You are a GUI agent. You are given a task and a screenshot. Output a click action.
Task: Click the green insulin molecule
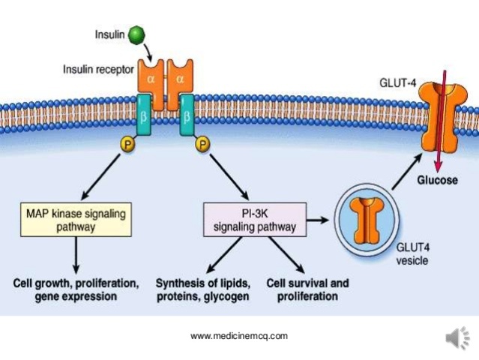tap(136, 34)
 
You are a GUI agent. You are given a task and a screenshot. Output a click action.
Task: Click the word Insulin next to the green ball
tap(109, 34)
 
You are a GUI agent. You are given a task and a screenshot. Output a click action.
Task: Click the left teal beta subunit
tap(143, 116)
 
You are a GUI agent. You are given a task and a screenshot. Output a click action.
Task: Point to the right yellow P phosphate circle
tap(202, 143)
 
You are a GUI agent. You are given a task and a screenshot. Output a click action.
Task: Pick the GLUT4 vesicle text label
tap(412, 256)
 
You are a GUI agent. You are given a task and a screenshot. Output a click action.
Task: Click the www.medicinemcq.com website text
tap(239, 336)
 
